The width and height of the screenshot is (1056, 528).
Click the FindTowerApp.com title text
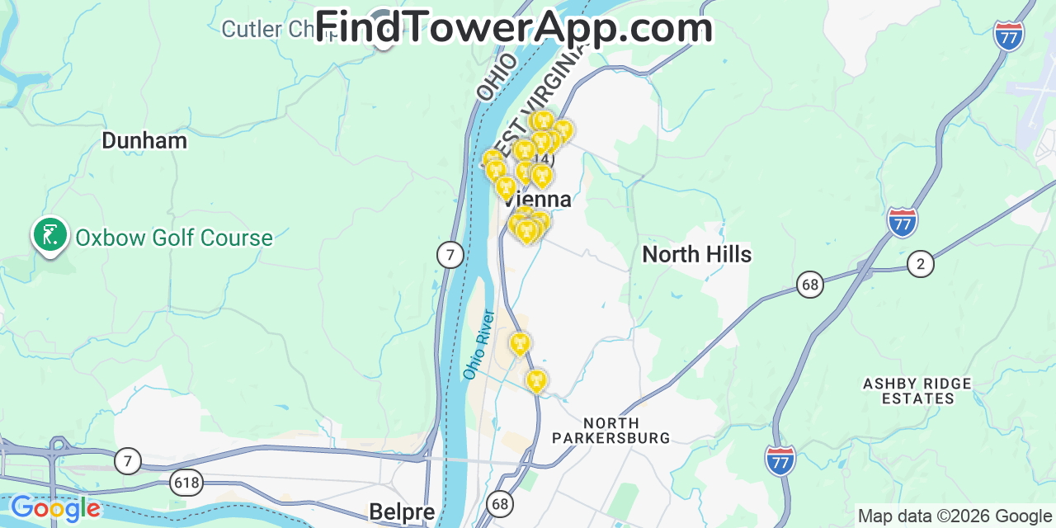[514, 27]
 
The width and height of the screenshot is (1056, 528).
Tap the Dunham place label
[144, 140]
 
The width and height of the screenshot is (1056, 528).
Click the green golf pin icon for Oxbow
[49, 235]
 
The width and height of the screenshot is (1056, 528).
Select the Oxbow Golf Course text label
[173, 238]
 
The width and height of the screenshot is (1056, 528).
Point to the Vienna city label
[536, 200]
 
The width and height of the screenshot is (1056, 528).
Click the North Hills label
[697, 254]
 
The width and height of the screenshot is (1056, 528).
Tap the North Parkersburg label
[611, 431]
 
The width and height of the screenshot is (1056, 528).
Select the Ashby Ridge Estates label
[917, 391]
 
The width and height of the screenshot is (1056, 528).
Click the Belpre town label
[402, 511]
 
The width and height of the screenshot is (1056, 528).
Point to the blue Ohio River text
[478, 345]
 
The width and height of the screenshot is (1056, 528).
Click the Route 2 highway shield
[920, 264]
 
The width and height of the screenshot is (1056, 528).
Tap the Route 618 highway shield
[186, 482]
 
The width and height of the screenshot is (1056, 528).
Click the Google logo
[55, 508]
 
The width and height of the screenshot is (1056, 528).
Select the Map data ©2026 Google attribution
[955, 516]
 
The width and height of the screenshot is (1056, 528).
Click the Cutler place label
[264, 30]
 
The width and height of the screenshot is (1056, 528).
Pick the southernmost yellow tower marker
[536, 381]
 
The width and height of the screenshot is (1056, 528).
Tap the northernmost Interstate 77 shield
[1009, 36]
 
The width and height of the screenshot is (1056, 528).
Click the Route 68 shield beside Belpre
[499, 503]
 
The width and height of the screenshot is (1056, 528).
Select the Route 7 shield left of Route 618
[127, 460]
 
